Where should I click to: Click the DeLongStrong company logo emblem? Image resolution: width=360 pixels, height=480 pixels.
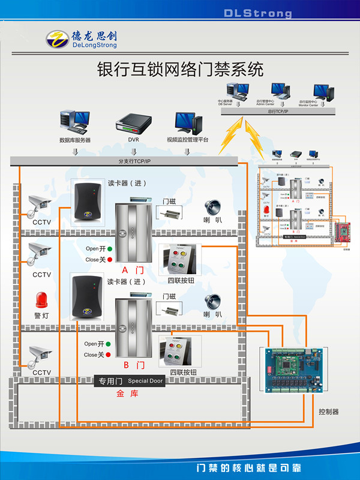click(x=58, y=40)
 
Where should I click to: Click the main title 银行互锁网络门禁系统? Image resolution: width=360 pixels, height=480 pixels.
click(x=180, y=69)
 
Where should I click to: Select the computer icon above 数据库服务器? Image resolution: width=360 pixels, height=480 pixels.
click(x=74, y=122)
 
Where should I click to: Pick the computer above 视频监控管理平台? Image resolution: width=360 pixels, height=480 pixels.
click(x=188, y=123)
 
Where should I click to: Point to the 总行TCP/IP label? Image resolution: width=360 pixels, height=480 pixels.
click(x=278, y=112)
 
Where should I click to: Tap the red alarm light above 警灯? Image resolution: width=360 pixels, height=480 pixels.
click(x=42, y=300)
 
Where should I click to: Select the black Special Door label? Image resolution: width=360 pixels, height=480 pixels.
click(x=130, y=382)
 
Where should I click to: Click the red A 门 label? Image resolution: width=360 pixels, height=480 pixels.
click(x=133, y=270)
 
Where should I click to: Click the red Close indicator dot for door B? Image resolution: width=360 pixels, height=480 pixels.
click(x=109, y=355)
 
